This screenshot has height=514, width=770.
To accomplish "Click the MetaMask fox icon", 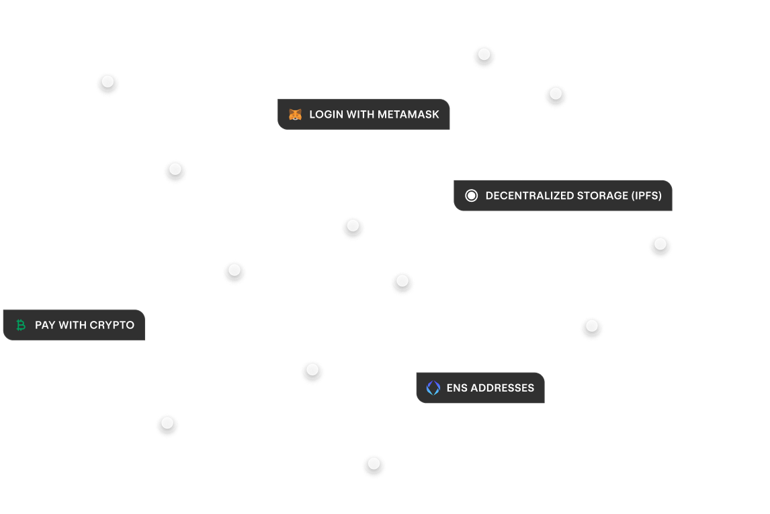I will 295,115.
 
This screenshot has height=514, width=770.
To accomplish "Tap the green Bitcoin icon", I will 21,326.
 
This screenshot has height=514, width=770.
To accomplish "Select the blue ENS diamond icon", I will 433,388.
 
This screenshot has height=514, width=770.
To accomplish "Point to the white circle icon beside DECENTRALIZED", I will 472,196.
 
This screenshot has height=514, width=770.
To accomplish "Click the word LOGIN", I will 326,115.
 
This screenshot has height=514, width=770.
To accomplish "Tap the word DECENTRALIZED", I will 529,196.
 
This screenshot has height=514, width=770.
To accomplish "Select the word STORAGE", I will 602,196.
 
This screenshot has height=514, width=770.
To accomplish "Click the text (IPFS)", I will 647,196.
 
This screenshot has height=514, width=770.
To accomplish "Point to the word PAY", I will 45,326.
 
